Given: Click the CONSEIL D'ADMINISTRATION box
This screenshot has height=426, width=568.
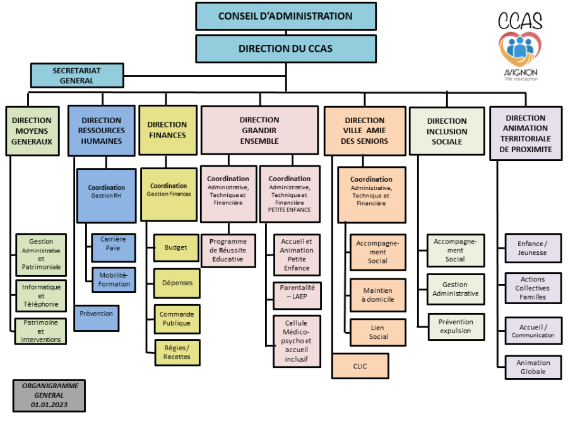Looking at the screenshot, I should [285, 16].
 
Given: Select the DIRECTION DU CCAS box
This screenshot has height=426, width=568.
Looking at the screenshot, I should [285, 49].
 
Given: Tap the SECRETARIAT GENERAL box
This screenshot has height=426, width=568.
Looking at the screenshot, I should [77, 76].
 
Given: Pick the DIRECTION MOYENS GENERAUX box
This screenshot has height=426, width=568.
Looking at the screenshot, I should [32, 131].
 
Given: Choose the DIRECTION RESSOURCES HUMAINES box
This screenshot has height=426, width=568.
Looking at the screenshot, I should [102, 131].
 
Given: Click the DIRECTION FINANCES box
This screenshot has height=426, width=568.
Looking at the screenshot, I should [167, 129].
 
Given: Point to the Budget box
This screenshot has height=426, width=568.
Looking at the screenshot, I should [175, 247].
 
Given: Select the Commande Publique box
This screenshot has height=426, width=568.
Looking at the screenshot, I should [176, 319].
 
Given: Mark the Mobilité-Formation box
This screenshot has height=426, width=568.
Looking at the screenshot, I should [114, 280].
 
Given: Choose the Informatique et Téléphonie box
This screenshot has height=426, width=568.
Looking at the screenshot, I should [41, 295].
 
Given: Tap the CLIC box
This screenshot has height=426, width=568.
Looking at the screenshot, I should [360, 365].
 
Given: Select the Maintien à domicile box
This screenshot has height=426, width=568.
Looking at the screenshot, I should [378, 295].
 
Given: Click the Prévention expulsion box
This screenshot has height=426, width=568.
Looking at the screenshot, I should [456, 326].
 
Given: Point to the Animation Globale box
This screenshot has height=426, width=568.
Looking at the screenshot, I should [533, 367].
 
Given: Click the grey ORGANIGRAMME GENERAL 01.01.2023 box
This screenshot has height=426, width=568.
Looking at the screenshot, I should [49, 395].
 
